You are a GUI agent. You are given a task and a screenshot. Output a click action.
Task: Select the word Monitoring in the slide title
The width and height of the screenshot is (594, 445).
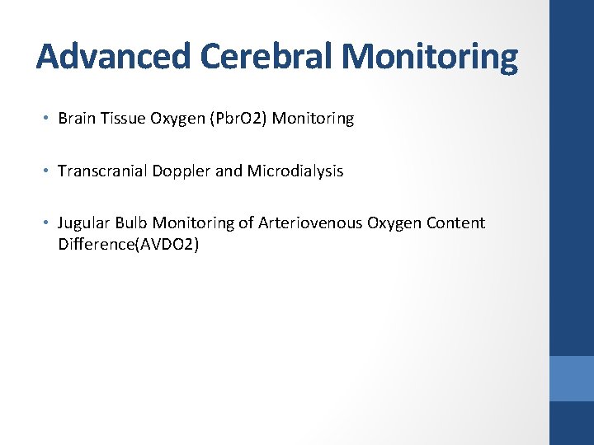tap(430, 57)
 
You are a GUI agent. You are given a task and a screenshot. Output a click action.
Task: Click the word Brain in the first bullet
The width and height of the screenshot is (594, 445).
tap(77, 119)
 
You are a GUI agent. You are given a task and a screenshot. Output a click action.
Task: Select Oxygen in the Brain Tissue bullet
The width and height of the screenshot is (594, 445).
tap(175, 119)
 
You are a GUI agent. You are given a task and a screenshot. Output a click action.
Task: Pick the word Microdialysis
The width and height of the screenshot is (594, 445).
tap(294, 171)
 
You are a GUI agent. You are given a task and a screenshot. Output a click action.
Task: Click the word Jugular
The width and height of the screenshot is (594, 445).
tap(83, 223)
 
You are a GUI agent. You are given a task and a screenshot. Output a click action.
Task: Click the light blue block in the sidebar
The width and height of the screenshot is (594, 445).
tap(572, 378)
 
